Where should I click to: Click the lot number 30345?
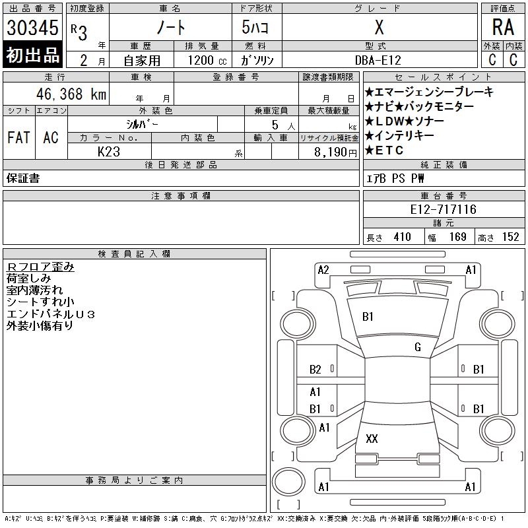pos(32,28)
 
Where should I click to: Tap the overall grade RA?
pos(503,27)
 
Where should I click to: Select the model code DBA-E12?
pos(378,60)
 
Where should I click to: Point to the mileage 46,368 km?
pos(71,94)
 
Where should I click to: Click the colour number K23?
pos(109,152)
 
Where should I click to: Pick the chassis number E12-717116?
pos(443,209)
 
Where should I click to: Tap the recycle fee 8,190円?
pos(335,152)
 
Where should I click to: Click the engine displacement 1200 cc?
pos(207,60)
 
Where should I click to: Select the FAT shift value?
pos(19,137)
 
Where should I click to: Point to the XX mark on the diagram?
pos(372,438)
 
